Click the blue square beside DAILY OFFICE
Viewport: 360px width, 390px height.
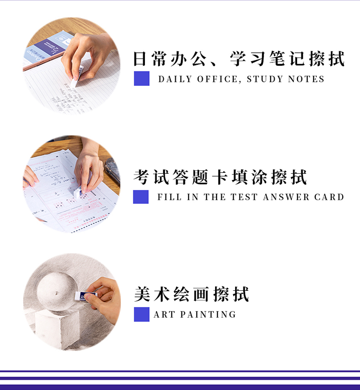click(142, 79)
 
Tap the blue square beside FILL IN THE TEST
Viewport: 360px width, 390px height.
click(141, 197)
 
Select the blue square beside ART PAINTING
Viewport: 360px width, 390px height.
click(142, 314)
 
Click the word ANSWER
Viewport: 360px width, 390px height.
click(286, 197)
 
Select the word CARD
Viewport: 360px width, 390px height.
click(329, 197)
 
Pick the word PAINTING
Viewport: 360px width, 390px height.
click(208, 314)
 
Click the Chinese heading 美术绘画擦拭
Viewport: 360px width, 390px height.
click(192, 294)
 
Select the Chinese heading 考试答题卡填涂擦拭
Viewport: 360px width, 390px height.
click(220, 177)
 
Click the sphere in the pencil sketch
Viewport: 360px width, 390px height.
click(57, 291)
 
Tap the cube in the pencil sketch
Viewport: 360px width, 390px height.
click(58, 328)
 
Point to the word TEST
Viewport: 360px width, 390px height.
click(244, 197)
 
